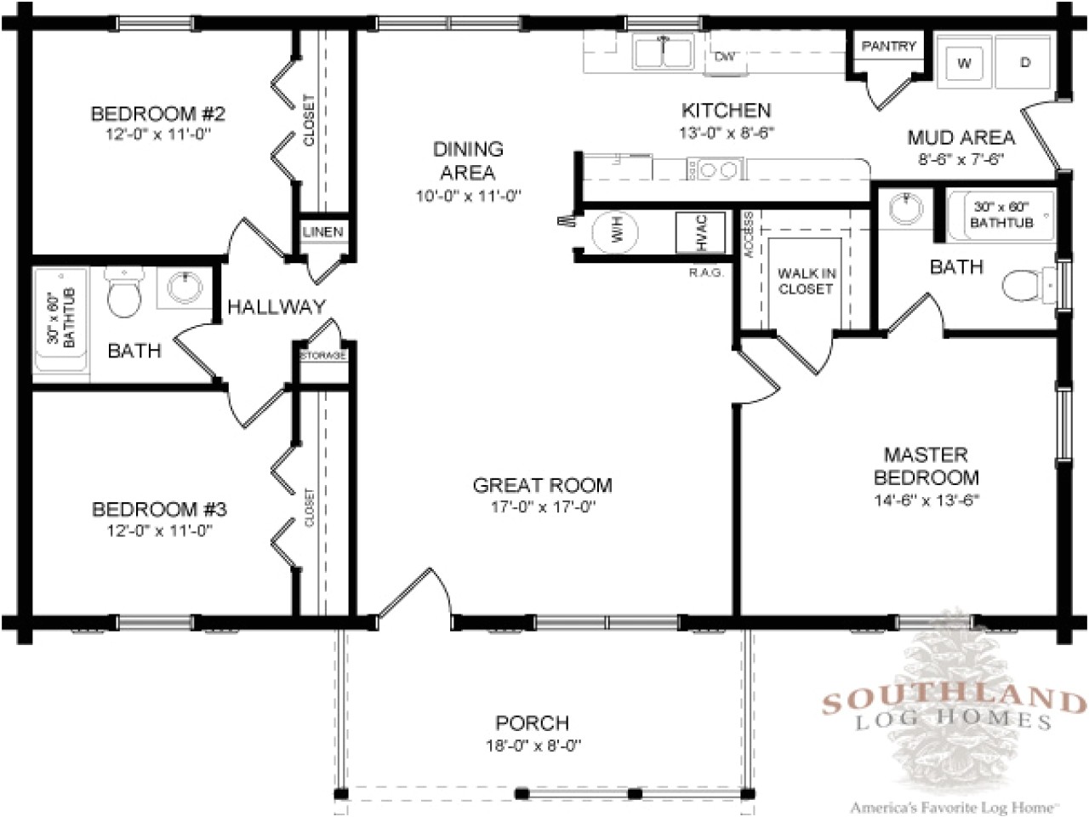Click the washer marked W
(965, 63)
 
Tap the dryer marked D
(1025, 63)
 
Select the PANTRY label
(888, 46)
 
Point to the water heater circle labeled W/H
(617, 231)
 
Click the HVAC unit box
(700, 231)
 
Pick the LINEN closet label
(322, 232)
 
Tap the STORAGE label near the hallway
(322, 355)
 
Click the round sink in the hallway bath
(184, 288)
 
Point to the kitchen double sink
(661, 53)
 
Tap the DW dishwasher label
(724, 57)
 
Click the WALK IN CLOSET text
(805, 281)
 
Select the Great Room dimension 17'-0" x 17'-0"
(542, 508)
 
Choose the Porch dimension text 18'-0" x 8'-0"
(532, 746)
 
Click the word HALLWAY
(276, 306)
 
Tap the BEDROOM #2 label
(157, 113)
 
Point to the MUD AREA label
(961, 137)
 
